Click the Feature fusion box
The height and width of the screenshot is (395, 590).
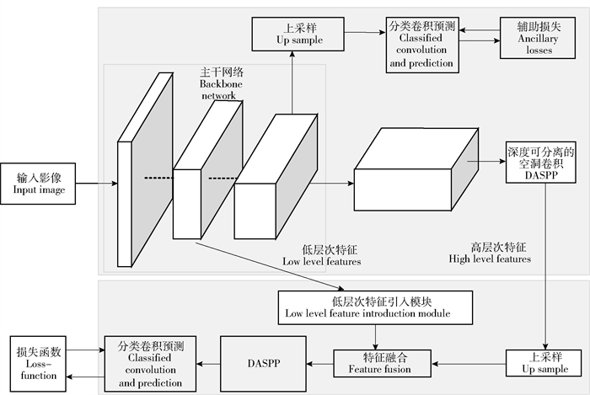click(383, 363)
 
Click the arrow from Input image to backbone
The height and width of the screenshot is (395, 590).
click(96, 183)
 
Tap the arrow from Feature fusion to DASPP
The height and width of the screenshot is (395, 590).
click(319, 363)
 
